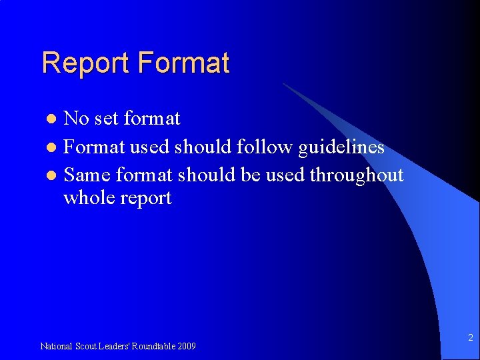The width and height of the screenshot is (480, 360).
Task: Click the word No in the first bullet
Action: click(76, 119)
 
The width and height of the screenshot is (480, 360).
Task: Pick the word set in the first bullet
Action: click(106, 119)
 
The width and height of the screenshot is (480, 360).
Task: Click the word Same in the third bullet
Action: click(87, 175)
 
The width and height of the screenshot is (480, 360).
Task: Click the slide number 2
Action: click(470, 338)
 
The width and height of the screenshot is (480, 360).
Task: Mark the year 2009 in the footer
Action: click(187, 346)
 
